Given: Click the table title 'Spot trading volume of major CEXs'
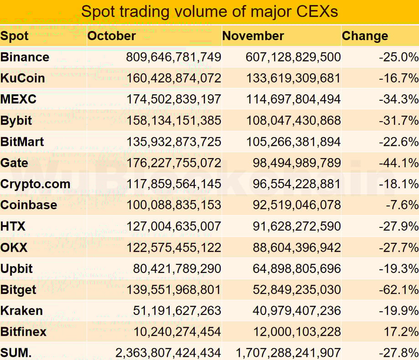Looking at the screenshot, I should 209,11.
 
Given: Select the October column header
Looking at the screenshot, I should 112,36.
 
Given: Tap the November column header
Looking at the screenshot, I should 253,36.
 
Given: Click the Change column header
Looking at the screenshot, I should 365,36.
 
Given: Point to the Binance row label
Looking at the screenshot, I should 25,57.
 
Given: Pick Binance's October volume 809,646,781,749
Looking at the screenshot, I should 174,57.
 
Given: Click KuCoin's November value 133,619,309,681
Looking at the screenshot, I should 294,78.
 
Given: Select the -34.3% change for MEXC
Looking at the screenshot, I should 398,99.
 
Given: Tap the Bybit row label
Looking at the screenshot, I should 16,121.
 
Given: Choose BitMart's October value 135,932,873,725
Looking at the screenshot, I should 174,142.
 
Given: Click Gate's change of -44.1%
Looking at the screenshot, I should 398,163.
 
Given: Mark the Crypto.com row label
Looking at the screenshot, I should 36,184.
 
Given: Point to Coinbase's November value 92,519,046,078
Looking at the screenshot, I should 297,205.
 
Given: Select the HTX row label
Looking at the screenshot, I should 13,226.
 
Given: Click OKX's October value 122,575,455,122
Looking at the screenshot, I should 174,247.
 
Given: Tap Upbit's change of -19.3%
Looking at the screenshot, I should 398,269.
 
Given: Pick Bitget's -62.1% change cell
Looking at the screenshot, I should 398,290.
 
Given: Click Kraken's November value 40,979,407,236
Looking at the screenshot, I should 297,311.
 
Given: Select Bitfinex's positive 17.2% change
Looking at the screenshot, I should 401,332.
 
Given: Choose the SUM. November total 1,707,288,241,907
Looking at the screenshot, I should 288,353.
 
